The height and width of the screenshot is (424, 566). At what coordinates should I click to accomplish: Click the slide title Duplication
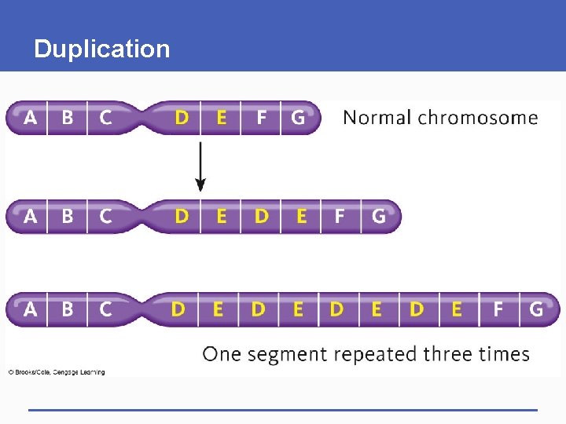coord(101,49)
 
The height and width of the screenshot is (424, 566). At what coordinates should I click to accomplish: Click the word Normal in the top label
coord(377,118)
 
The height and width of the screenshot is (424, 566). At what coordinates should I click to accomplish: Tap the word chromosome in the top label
coord(478,118)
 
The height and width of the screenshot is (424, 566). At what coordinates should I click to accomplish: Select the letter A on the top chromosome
coord(30,118)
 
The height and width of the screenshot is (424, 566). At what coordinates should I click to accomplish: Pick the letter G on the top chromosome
coord(298,118)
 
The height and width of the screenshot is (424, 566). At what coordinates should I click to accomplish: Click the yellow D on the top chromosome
coord(182,118)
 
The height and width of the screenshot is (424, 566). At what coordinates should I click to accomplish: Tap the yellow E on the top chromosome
coord(221,118)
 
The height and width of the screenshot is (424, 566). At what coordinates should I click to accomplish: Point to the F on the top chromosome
coord(261,118)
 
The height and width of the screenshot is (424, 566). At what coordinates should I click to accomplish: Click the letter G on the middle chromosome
coord(378,216)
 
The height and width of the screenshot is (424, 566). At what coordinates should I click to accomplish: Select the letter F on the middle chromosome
coord(340,216)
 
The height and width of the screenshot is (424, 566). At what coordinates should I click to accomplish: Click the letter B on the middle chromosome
coord(68,216)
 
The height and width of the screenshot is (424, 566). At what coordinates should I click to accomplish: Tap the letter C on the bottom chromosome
coord(105,309)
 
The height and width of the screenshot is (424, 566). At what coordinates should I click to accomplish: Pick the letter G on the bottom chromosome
coord(536,309)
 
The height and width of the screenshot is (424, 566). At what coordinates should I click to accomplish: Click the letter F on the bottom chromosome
coord(498,309)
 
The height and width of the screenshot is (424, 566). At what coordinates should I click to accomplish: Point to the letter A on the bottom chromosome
coord(30,309)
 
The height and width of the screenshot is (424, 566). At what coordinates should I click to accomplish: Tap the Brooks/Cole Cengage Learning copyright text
coord(57,371)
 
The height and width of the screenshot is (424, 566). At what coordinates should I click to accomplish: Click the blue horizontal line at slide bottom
coord(283,409)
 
